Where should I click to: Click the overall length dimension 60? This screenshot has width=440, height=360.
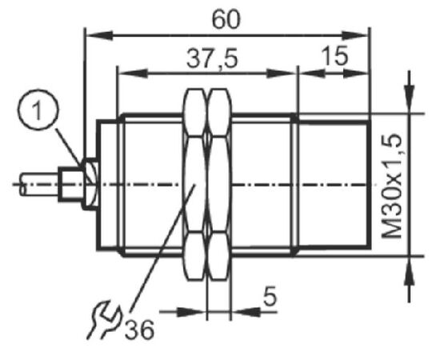coord(226,20)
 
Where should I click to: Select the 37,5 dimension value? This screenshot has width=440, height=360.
coord(212,59)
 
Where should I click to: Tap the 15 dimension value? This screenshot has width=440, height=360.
coord(334,55)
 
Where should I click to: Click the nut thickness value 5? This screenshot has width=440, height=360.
coord(270,296)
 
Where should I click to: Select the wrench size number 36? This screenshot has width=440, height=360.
coord(139,330)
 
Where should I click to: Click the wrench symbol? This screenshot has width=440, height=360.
coord(104,320)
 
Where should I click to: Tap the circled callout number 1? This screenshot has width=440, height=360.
coord(38,109)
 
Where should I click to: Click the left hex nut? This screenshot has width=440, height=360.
coord(194,184)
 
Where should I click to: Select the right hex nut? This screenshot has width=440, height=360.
coord(219,184)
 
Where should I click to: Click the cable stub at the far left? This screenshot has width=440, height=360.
coord(39,184)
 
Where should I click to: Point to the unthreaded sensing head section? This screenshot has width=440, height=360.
coord(334,185)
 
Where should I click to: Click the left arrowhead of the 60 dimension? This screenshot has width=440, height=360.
coord(100,35)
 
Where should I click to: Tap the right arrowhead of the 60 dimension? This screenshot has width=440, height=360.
coord(354,35)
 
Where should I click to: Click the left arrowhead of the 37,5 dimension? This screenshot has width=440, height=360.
coord(133,74)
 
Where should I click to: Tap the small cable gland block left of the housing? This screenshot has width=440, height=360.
coord(71,184)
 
